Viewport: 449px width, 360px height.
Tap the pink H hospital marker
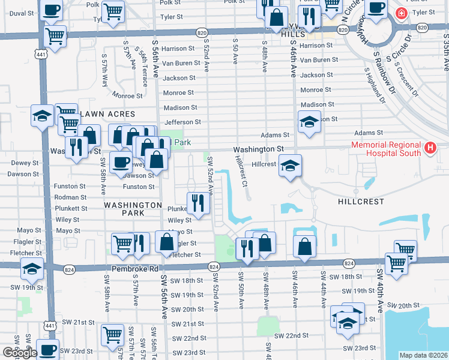click(430, 148)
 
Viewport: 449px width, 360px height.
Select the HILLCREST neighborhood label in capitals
click(361, 202)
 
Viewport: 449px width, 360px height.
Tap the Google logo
click(19, 353)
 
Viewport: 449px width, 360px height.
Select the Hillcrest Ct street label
click(241, 171)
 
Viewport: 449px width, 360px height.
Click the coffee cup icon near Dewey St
click(121, 162)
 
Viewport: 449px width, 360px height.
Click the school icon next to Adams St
click(309, 121)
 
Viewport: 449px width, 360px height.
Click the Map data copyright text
click(424, 355)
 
